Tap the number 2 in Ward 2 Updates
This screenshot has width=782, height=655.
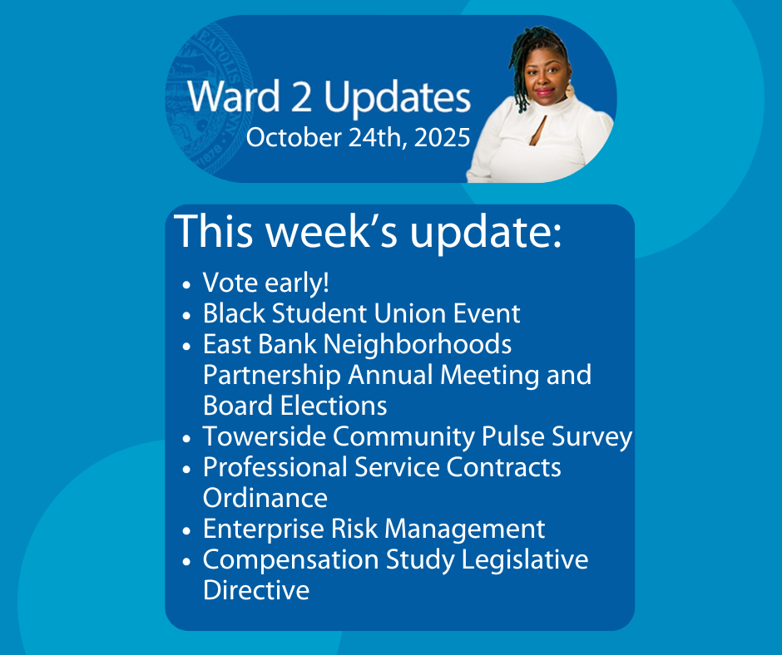tap(301, 96)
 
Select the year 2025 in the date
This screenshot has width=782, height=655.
tap(442, 138)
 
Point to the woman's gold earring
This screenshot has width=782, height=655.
tap(570, 91)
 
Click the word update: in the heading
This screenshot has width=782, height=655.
tap(486, 232)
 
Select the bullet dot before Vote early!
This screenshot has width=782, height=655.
tap(187, 285)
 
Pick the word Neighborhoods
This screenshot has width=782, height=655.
tap(418, 344)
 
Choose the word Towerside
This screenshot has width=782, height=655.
tap(265, 436)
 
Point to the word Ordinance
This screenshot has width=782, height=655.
tap(265, 498)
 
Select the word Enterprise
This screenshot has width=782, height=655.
tap(264, 529)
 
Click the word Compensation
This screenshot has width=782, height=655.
tap(291, 560)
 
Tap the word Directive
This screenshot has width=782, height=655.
tap(256, 591)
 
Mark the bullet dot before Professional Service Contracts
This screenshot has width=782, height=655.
tap(187, 470)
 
